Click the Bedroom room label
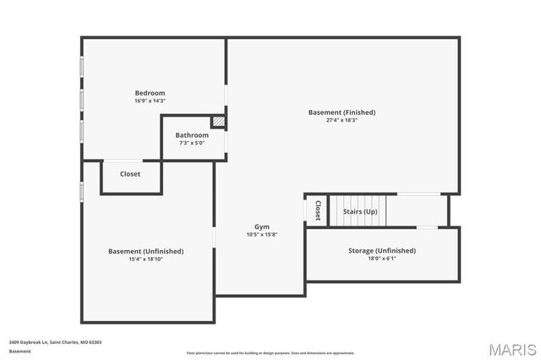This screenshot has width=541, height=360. (150, 93)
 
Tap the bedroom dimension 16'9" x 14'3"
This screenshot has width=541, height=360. (150, 101)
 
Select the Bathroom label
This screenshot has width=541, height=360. (192, 135)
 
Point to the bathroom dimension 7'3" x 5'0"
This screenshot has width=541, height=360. (192, 143)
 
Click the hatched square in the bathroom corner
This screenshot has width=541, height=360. (218, 122)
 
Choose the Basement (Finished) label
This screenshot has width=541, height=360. (342, 112)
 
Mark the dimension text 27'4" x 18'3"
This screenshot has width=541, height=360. (342, 120)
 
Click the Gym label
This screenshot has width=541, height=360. (262, 226)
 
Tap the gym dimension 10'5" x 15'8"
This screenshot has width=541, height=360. (262, 234)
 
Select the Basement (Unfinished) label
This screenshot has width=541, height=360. (145, 251)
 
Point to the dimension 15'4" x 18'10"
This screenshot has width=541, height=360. (145, 259)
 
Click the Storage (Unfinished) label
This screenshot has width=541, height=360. (382, 251)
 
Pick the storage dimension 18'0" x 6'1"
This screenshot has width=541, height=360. (382, 259)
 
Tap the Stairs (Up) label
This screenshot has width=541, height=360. (360, 211)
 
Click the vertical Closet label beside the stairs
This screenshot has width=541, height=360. (318, 210)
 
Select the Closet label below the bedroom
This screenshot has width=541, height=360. (130, 174)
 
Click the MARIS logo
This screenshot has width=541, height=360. (512, 348)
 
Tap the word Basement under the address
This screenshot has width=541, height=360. (19, 350)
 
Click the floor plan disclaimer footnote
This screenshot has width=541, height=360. (270, 352)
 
